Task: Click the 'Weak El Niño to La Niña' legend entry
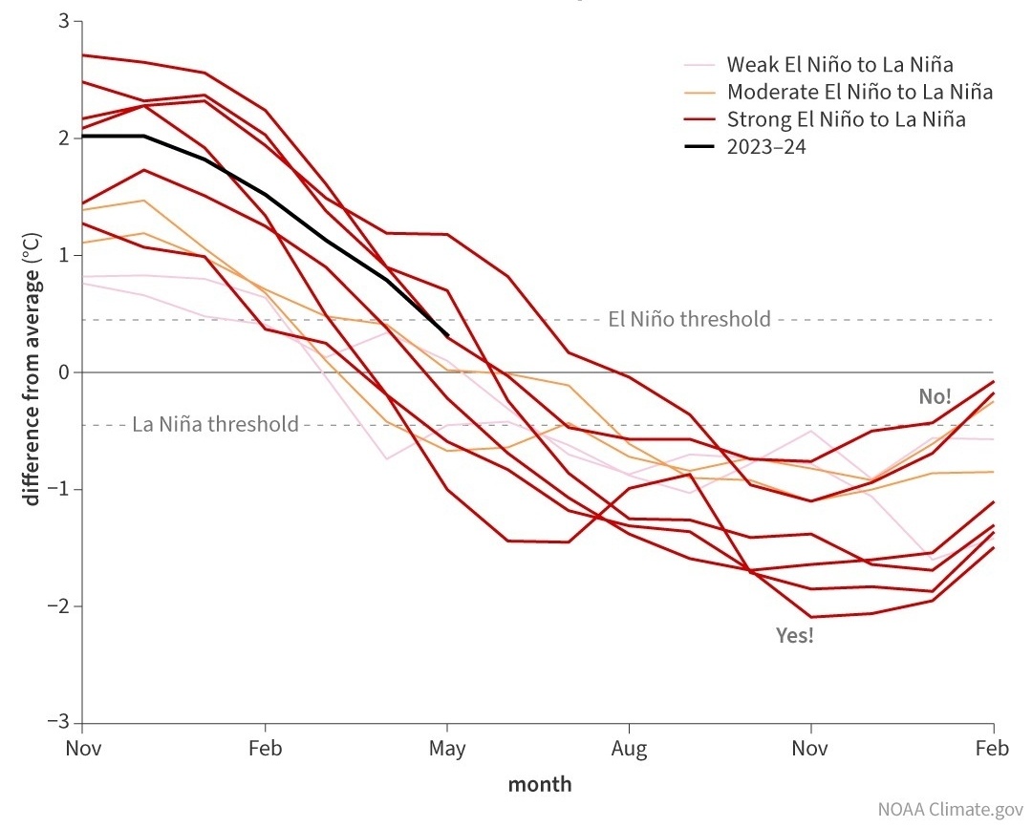tap(840, 65)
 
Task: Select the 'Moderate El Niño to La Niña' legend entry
tap(860, 93)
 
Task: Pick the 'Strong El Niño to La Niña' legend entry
tap(846, 119)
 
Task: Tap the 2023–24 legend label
tap(766, 147)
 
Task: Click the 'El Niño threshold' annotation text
tap(689, 319)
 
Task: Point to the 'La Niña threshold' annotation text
tap(215, 424)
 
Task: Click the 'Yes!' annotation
tap(795, 635)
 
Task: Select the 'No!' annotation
tap(935, 396)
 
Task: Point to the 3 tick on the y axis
tap(63, 21)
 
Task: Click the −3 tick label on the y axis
tap(58, 723)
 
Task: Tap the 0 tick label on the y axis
tap(63, 372)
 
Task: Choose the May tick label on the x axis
tap(447, 748)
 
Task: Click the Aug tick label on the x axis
tap(629, 748)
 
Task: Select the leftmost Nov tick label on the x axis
tap(83, 748)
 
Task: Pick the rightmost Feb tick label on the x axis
tap(993, 748)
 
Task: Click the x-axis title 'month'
tap(540, 785)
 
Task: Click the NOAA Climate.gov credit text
tap(949, 809)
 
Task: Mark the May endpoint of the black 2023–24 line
tap(447, 334)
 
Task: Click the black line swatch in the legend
tap(701, 147)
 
